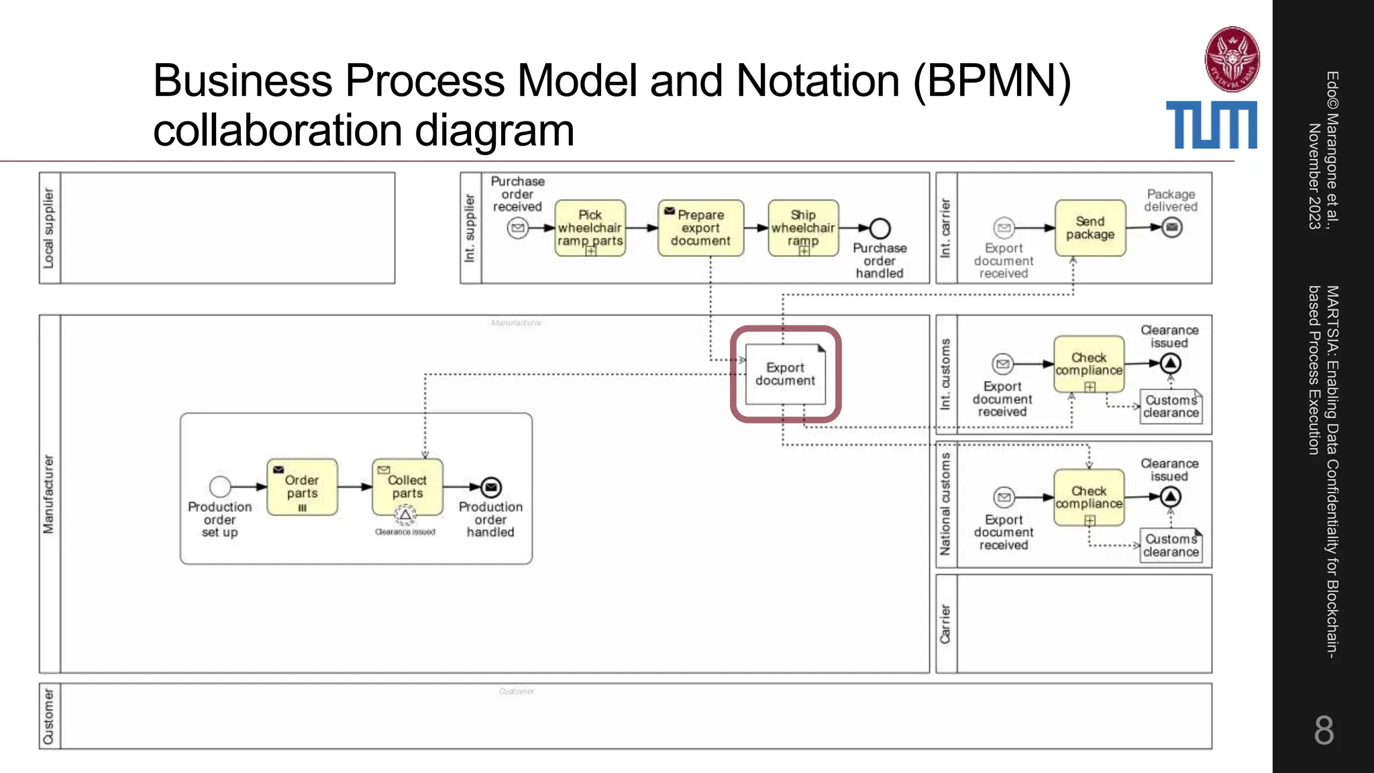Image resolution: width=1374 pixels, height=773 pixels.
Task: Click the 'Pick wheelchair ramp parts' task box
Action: click(x=590, y=228)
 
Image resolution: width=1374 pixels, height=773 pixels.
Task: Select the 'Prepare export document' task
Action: click(x=700, y=228)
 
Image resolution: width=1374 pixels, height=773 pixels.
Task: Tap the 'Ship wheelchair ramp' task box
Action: click(x=803, y=228)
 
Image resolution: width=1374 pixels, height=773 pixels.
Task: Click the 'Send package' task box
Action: click(x=1090, y=228)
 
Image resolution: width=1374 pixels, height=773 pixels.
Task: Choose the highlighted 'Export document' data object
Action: click(x=785, y=374)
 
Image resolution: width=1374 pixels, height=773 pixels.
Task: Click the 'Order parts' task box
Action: click(x=302, y=487)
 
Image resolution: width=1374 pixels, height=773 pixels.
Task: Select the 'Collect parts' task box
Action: click(x=407, y=487)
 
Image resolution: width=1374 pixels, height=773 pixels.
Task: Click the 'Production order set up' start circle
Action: click(x=220, y=486)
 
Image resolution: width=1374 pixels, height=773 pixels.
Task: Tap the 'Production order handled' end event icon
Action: click(x=491, y=487)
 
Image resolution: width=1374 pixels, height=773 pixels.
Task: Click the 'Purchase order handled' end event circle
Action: click(x=880, y=229)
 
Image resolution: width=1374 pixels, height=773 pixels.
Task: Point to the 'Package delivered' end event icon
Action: click(x=1171, y=227)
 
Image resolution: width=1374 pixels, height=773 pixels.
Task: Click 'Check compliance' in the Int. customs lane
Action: click(x=1088, y=364)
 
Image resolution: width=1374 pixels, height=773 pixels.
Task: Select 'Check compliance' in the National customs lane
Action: click(x=1088, y=497)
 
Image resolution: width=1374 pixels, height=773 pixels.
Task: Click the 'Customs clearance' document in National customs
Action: click(x=1171, y=546)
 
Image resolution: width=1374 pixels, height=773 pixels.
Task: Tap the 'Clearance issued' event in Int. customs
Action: click(x=1170, y=364)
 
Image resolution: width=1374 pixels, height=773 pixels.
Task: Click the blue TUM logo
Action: click(x=1211, y=125)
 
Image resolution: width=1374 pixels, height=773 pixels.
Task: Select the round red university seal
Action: click(x=1232, y=59)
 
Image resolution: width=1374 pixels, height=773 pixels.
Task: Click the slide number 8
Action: click(x=1323, y=730)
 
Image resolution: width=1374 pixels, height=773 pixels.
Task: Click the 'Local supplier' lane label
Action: click(x=49, y=228)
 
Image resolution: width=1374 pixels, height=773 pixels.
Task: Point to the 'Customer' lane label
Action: click(x=49, y=716)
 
